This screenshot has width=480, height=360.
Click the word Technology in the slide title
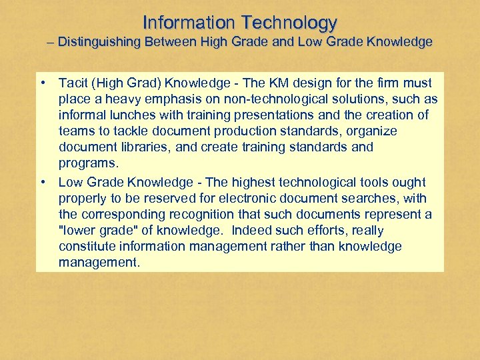[289, 23]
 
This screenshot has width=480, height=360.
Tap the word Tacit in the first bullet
[73, 83]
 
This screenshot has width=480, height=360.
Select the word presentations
[257, 115]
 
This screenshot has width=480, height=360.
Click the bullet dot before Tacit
[43, 83]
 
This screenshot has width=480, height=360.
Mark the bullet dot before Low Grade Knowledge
[43, 183]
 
